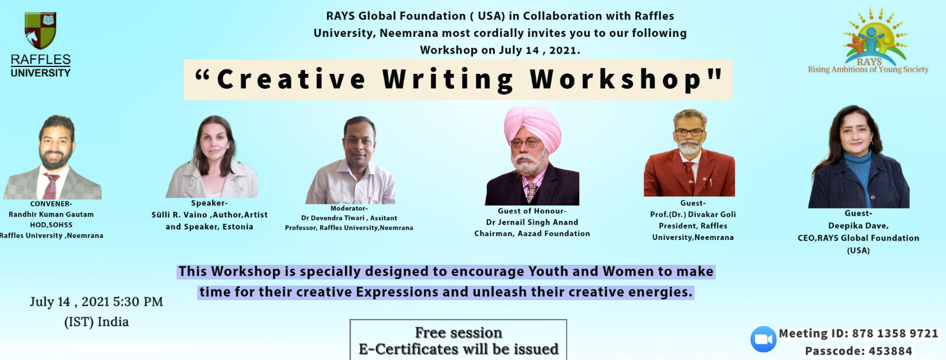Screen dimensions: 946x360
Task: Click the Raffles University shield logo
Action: click(40, 31)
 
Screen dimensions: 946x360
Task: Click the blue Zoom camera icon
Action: click(763, 339)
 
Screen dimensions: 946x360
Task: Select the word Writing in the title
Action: click(448, 80)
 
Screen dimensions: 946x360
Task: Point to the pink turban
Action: click(532, 128)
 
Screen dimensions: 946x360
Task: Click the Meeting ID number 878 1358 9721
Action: click(895, 333)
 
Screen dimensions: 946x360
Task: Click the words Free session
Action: click(459, 333)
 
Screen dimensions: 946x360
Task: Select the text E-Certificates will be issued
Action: click(459, 350)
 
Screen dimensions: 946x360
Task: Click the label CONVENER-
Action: click(51, 204)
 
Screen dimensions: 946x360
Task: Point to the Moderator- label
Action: click(349, 208)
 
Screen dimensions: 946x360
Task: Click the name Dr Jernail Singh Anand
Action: click(532, 222)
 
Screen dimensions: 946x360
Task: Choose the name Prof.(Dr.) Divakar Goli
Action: click(693, 214)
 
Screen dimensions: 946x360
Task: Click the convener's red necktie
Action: click(51, 186)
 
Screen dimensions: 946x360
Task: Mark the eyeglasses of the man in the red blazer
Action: click(689, 132)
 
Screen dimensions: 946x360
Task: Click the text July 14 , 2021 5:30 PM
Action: click(96, 302)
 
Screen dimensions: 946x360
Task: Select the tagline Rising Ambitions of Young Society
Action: click(868, 69)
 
